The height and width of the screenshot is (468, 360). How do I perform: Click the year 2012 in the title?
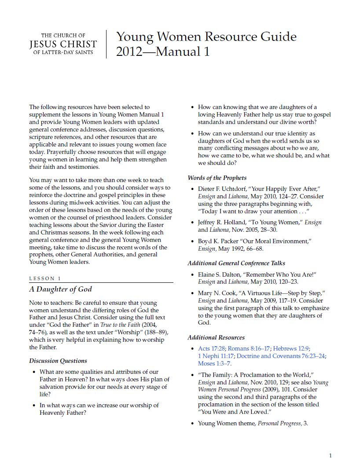(129, 52)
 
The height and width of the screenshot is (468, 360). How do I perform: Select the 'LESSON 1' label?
(45, 278)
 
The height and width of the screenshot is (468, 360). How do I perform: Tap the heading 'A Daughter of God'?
(60, 289)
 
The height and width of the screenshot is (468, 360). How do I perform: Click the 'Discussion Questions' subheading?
(58, 361)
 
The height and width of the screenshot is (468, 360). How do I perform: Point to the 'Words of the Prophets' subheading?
(217, 178)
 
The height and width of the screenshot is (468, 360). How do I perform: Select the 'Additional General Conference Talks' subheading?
(236, 263)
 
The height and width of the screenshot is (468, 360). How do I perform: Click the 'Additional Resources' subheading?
(216, 337)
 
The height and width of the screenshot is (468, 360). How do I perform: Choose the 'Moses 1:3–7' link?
(214, 363)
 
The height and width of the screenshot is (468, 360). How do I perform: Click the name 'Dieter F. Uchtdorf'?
(224, 189)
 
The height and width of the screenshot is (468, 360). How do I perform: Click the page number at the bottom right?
(331, 455)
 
